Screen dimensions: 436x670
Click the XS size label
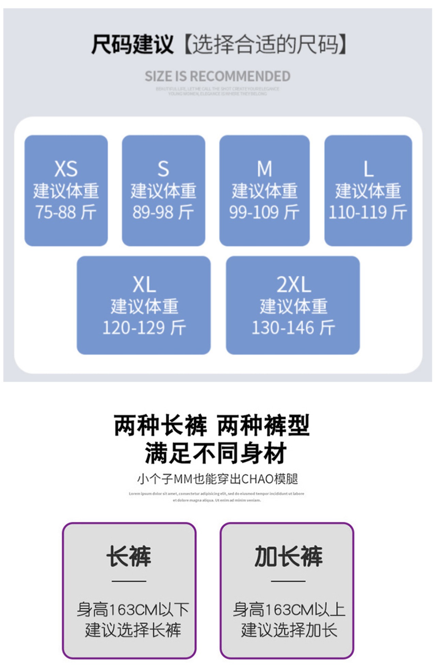[66, 169]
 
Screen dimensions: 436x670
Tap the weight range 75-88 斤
[66, 212]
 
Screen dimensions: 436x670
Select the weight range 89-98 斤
[163, 212]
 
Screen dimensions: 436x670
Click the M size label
[264, 169]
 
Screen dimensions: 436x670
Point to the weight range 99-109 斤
[264, 212]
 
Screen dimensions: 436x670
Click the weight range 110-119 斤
[368, 212]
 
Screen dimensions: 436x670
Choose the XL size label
[144, 284]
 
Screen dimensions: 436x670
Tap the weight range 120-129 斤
[144, 328]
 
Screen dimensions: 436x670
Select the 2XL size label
[293, 284]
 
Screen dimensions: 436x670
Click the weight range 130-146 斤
[293, 328]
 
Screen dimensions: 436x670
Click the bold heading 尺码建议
[132, 45]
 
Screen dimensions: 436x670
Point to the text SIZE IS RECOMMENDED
[218, 76]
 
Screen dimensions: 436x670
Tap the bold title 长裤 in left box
[129, 556]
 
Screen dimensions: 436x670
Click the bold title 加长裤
[288, 556]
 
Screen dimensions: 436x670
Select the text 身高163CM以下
[133, 610]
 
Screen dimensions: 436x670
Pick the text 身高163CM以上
[289, 610]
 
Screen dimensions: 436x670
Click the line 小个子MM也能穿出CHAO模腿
[218, 479]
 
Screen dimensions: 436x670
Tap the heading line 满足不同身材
[216, 453]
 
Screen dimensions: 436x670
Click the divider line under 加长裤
[288, 581]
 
